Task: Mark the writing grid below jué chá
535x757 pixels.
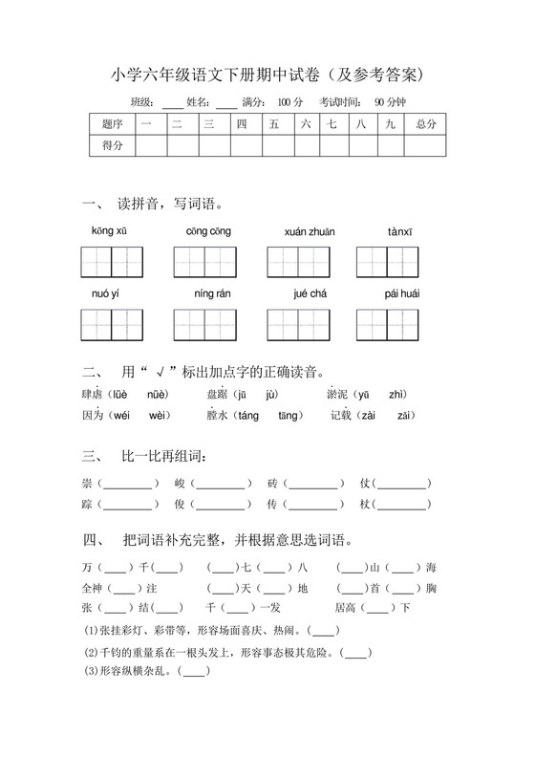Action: [298, 324]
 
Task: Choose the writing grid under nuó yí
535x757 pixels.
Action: [112, 324]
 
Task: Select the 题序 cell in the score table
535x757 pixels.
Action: [112, 124]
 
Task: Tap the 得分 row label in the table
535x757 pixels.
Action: [112, 145]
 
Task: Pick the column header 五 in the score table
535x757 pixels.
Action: [274, 124]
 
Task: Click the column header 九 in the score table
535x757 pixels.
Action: [390, 124]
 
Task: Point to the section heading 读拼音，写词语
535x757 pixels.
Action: [170, 204]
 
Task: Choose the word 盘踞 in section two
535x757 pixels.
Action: [218, 394]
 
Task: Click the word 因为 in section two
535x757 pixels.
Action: [93, 415]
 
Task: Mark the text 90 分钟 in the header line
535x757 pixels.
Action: [390, 101]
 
